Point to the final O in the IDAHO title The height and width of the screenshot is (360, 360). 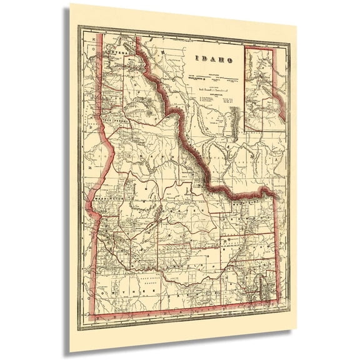[230, 61]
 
